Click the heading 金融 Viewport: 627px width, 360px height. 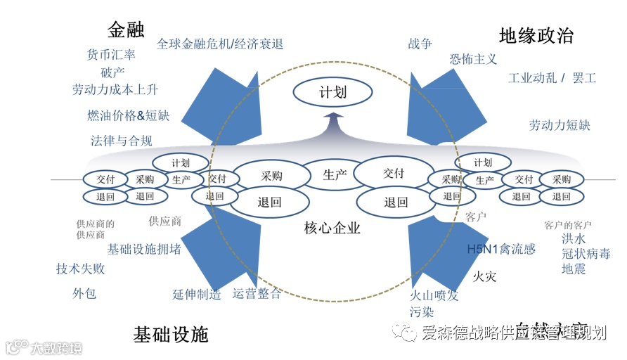click(x=126, y=29)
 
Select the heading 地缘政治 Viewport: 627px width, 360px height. click(x=536, y=35)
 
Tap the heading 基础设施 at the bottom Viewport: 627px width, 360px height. click(x=171, y=334)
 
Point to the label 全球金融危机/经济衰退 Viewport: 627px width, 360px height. click(x=220, y=44)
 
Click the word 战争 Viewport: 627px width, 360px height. click(x=420, y=44)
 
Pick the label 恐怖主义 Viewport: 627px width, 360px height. click(x=473, y=60)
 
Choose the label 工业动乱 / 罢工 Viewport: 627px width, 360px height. click(x=552, y=77)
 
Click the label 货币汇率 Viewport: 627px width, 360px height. click(x=111, y=55)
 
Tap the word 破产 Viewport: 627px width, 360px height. click(x=112, y=72)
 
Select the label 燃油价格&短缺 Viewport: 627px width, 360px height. click(x=128, y=115)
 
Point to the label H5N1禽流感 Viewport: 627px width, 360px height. click(x=501, y=249)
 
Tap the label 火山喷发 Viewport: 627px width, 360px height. click(x=434, y=295)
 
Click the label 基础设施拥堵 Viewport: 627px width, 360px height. click(x=143, y=249)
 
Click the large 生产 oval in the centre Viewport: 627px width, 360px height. click(x=335, y=174)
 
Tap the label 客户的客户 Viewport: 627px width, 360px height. click(x=567, y=225)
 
